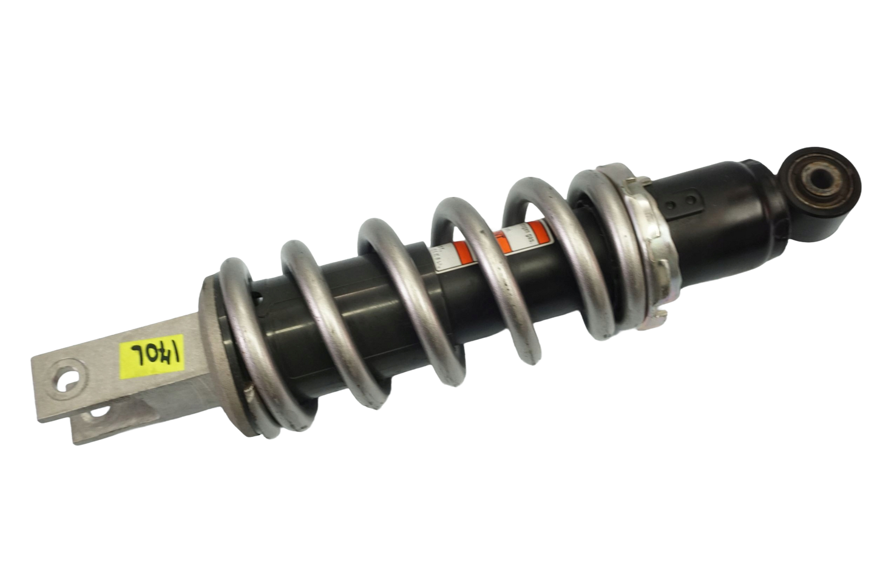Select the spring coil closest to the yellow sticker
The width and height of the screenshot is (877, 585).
point(240,340)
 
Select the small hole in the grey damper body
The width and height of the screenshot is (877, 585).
point(260,297)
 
